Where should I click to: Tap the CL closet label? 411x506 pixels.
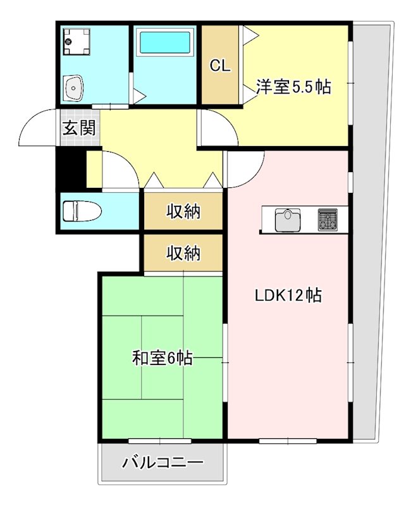220,66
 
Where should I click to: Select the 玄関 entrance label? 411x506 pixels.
79,128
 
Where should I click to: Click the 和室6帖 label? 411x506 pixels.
162,359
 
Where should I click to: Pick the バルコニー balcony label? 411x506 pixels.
163,463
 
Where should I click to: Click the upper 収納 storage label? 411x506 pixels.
183,212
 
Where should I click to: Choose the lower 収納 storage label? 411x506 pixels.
183,253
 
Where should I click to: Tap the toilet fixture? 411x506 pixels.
83,211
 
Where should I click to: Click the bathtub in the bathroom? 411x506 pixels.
164,42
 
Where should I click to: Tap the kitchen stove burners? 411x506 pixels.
328,219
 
